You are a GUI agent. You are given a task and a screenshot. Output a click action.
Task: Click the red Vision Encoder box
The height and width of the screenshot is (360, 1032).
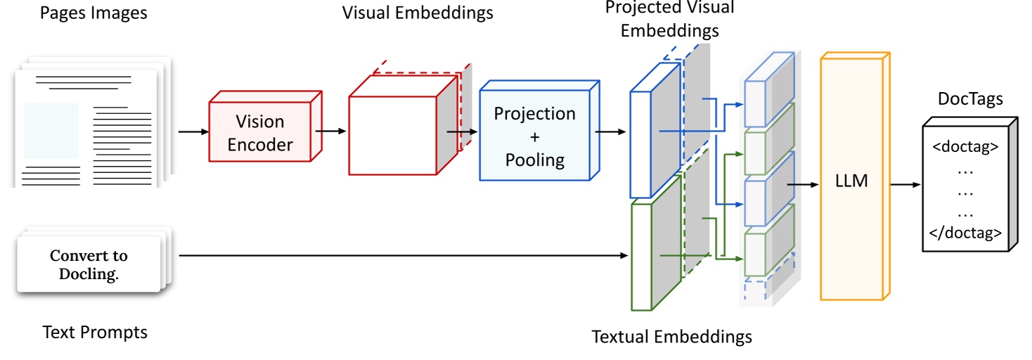tap(259, 132)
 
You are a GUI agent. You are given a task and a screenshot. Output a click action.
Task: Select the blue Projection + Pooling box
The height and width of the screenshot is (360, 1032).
tap(534, 136)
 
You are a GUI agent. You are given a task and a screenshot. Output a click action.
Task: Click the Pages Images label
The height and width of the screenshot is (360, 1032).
tap(93, 13)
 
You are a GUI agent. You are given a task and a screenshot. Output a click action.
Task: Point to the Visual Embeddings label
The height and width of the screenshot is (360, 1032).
tap(418, 13)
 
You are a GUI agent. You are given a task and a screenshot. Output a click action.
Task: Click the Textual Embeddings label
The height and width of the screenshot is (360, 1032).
tap(671, 337)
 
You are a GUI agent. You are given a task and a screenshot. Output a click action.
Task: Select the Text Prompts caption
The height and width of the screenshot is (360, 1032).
tap(95, 331)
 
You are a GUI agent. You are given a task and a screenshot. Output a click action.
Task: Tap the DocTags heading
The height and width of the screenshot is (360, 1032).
tap(970, 99)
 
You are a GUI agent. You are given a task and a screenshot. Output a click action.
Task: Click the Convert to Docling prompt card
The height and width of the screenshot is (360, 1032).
tap(89, 264)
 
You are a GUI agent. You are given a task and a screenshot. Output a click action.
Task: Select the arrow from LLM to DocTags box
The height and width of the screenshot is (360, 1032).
tap(905, 185)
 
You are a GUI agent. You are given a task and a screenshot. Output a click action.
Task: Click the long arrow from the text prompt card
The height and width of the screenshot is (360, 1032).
tap(401, 256)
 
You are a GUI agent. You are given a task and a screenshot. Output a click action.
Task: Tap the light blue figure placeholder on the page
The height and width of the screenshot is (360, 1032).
tap(51, 131)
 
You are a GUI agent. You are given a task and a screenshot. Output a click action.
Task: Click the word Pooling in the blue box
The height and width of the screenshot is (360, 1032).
tap(534, 160)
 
